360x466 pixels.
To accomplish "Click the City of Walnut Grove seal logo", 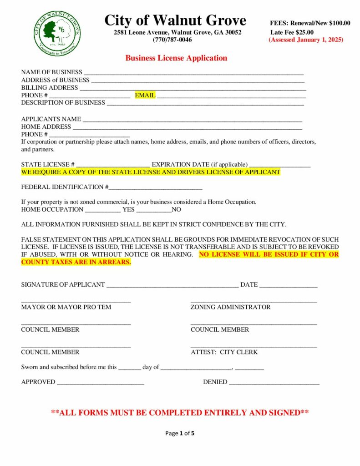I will (58, 33).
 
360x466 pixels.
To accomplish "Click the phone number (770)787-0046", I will (172, 40).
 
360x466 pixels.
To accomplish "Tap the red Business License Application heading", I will (176, 58).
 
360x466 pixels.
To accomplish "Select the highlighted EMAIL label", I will (145, 95).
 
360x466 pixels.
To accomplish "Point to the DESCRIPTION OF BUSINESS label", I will (63, 102).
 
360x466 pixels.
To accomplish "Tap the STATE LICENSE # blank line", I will (113, 165).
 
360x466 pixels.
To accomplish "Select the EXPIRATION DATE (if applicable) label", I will (200, 164).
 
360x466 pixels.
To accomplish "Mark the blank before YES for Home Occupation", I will (103, 211).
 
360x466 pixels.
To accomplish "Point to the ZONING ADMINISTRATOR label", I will (230, 307).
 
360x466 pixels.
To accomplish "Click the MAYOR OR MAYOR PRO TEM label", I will (66, 307).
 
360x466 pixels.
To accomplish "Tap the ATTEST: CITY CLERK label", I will (224, 352).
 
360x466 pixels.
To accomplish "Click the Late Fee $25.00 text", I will (292, 32).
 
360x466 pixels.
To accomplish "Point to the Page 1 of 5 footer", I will (180, 433).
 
